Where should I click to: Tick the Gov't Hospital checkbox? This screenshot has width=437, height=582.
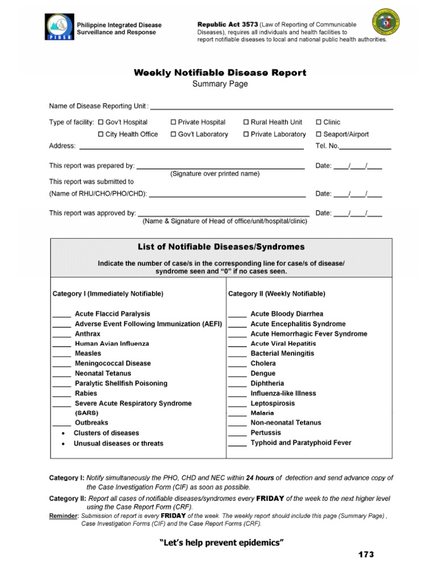(101, 122)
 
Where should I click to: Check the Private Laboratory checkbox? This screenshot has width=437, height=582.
(246, 135)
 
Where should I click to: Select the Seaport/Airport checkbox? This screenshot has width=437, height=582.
(319, 135)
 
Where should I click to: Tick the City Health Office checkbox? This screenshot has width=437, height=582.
(101, 135)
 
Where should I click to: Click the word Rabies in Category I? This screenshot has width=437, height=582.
(86, 393)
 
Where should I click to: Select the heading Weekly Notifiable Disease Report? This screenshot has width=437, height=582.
(220, 73)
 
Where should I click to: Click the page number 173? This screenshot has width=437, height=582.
(366, 554)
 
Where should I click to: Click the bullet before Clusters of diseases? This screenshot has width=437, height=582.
(62, 434)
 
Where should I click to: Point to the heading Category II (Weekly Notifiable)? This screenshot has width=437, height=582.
(277, 294)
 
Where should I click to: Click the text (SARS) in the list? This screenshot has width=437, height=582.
(86, 413)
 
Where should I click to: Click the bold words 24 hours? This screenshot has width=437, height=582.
(259, 478)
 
